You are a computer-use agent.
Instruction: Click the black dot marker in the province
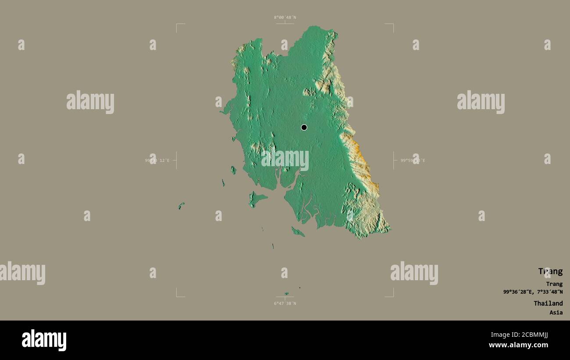(x=304, y=128)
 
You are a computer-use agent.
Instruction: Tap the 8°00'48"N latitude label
(x=285, y=18)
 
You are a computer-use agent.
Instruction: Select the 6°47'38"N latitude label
(x=285, y=303)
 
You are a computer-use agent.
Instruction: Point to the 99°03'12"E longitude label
(x=157, y=160)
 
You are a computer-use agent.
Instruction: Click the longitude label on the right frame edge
(x=413, y=160)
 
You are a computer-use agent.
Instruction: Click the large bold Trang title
(x=550, y=271)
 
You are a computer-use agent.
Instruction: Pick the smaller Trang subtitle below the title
(x=554, y=284)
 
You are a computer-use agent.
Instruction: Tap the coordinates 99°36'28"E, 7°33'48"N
(x=533, y=292)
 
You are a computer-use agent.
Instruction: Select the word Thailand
(x=548, y=303)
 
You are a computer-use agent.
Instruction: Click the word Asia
(x=556, y=313)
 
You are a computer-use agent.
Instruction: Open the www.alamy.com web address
(x=518, y=345)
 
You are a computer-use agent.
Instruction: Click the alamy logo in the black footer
(x=44, y=340)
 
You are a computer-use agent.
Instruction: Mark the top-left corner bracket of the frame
(x=177, y=25)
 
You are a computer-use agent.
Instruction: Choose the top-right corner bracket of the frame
(x=392, y=25)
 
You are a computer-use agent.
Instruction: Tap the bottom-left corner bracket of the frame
(x=177, y=296)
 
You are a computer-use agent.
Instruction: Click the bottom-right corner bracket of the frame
(x=392, y=296)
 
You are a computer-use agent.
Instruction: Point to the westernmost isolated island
(x=181, y=205)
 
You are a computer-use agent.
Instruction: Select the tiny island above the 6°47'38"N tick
(x=286, y=294)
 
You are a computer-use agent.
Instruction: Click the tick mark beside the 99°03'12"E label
(x=176, y=160)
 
